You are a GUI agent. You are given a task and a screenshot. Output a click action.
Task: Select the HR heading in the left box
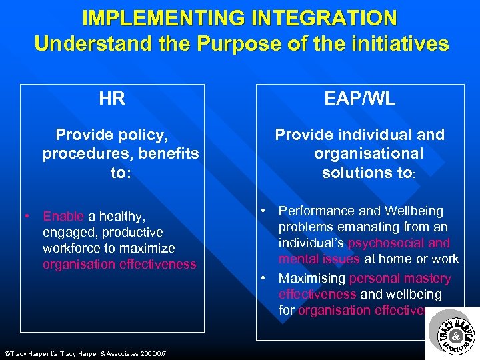click(112, 99)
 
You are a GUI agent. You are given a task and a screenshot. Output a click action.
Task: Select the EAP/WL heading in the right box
click(359, 99)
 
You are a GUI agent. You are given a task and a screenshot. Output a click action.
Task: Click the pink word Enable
click(63, 216)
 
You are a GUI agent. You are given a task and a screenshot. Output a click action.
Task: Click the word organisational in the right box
click(369, 154)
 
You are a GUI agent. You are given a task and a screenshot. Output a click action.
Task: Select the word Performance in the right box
click(316, 211)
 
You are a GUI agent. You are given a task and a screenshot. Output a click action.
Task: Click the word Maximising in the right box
click(312, 279)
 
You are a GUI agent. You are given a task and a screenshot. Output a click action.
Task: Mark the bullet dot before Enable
click(27, 216)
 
